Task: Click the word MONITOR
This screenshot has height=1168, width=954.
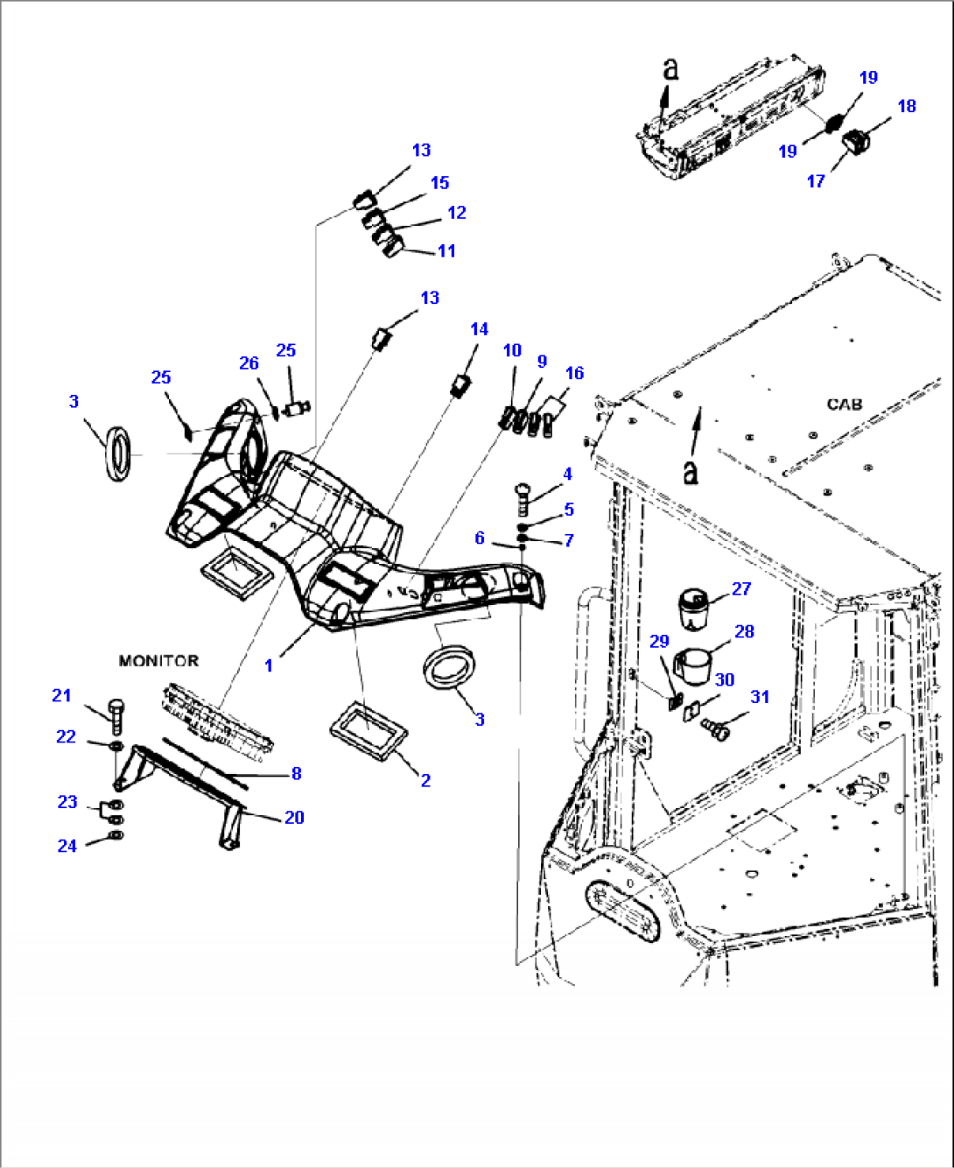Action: [x=158, y=661]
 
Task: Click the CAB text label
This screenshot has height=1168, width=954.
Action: [x=844, y=405]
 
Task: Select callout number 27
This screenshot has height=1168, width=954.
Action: [x=741, y=588]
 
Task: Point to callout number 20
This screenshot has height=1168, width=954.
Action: [x=294, y=817]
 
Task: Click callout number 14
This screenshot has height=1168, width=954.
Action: [x=479, y=329]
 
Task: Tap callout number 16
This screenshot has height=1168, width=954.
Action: [x=574, y=373]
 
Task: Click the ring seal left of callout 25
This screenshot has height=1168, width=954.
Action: [x=118, y=454]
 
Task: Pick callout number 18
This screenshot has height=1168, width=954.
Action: [x=907, y=106]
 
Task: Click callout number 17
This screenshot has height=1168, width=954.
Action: [x=816, y=181]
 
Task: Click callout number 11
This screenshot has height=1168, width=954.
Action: [x=446, y=251]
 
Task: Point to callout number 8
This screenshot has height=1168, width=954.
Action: [x=296, y=773]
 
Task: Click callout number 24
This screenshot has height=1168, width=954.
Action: [x=67, y=846]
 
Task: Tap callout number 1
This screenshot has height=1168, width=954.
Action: [x=268, y=665]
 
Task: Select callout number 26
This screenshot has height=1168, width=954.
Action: [x=249, y=363]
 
